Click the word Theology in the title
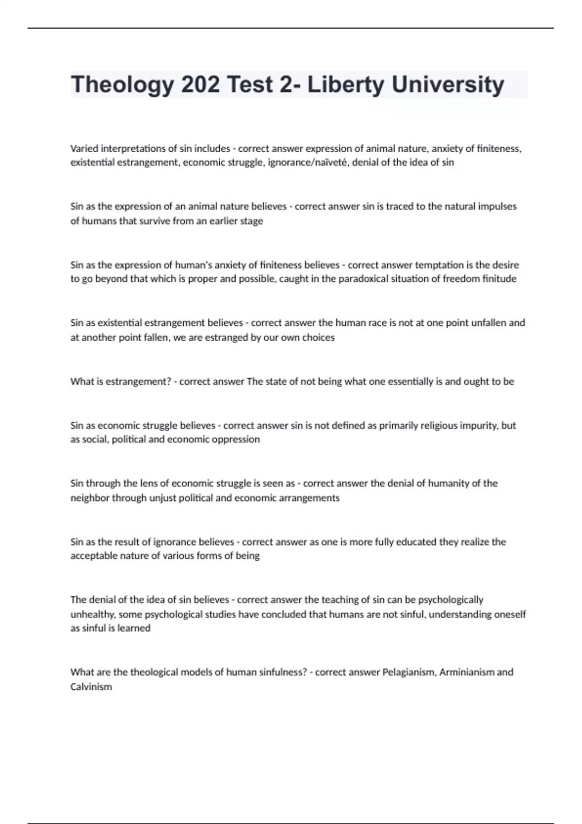[122, 85]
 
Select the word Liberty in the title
[345, 85]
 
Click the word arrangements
[309, 498]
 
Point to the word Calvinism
[91, 687]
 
